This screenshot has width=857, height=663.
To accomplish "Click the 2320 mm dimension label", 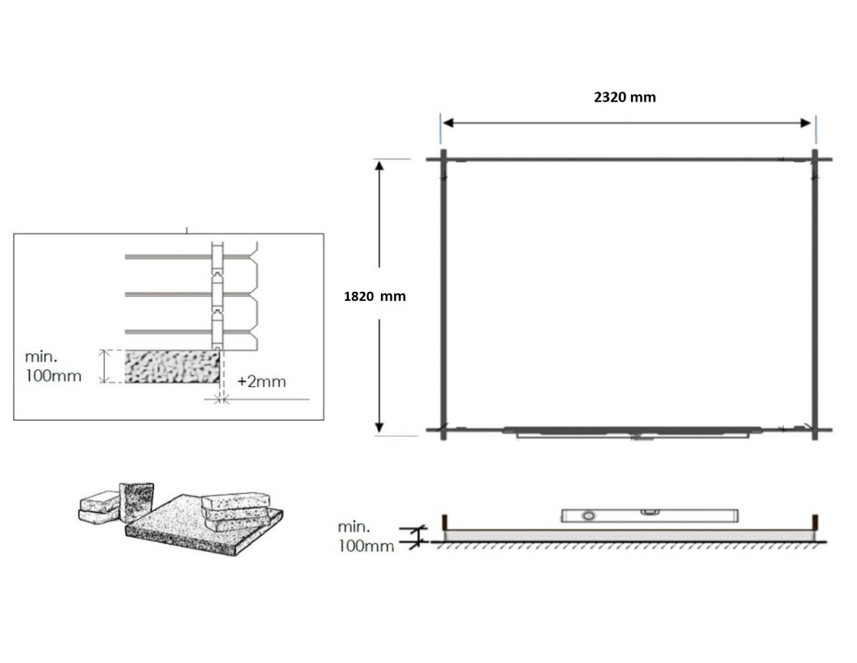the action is coord(624,97).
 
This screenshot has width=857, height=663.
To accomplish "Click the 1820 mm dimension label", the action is coord(374,296).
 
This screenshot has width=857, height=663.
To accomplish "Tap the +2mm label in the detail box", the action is coord(262,382).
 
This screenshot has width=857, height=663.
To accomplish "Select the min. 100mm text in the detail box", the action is coord(53,366).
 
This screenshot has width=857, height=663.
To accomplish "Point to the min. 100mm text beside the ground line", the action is coord(366,536).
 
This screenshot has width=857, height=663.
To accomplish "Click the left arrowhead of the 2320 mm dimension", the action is coord(448,123).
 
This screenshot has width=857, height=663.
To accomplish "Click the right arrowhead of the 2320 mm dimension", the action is coord(805,123).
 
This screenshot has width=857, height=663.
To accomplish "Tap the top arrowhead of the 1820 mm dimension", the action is coord(379,165).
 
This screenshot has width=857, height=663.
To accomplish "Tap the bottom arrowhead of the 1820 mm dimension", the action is coord(379,427).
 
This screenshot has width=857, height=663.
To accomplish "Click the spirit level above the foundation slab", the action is coord(649,515).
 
